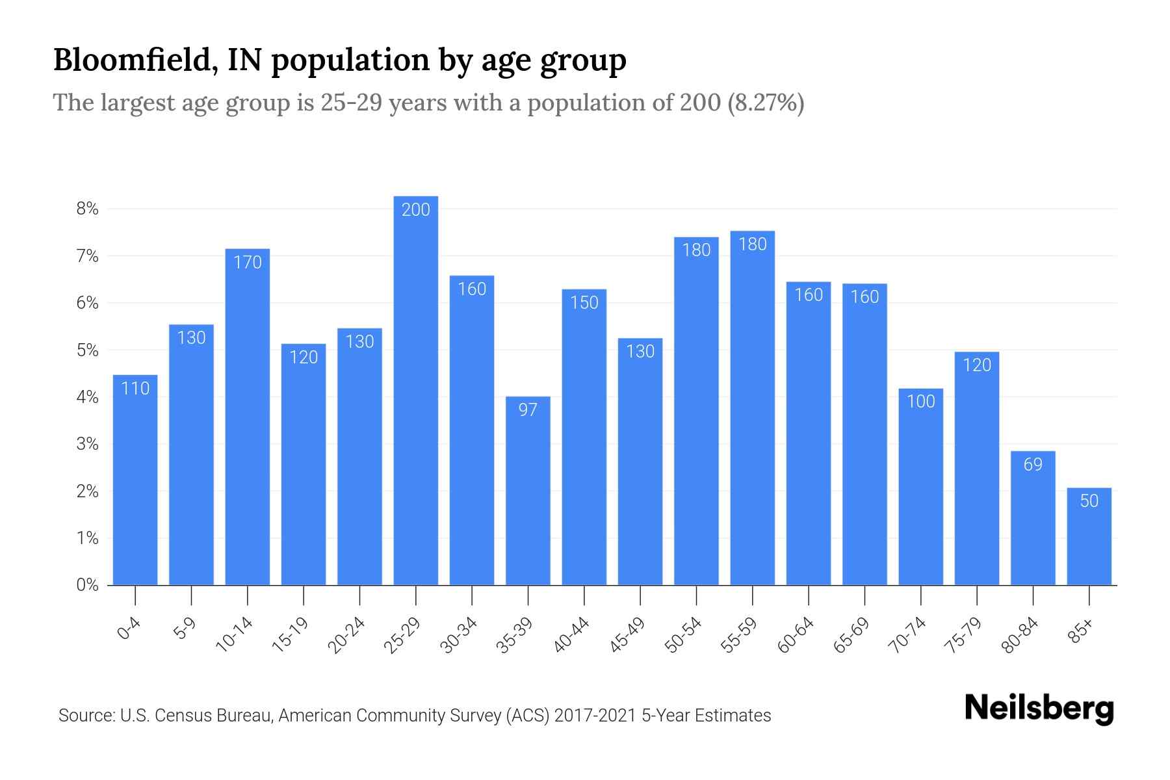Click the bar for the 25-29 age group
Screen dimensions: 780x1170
(x=416, y=390)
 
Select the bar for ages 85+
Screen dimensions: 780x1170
(x=1089, y=536)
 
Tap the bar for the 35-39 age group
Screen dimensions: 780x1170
(x=528, y=491)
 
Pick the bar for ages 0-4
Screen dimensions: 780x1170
(x=135, y=480)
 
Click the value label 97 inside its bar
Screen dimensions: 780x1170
(x=528, y=409)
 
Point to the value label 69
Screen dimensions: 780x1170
(x=1033, y=464)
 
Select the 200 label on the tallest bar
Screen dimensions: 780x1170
(x=416, y=209)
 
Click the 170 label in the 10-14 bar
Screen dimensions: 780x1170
(x=248, y=262)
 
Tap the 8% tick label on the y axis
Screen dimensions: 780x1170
(x=87, y=209)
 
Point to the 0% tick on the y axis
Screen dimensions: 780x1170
(x=87, y=585)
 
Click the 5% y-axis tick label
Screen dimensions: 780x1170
(x=87, y=350)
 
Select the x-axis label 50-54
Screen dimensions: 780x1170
(x=683, y=635)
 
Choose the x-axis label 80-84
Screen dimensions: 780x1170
(x=1020, y=635)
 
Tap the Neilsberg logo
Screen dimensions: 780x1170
(x=1039, y=708)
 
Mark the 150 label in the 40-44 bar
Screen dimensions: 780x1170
(x=584, y=302)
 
